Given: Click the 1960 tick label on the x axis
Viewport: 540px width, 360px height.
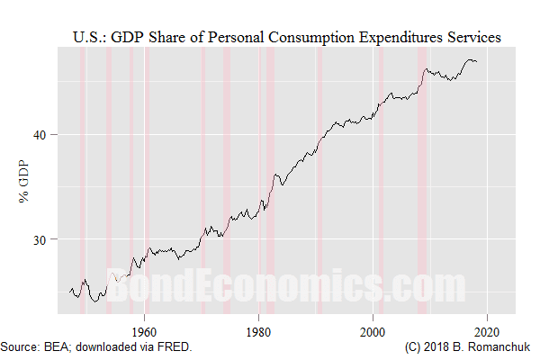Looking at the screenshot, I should [145, 329].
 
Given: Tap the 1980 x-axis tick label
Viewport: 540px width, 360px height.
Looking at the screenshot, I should [259, 329].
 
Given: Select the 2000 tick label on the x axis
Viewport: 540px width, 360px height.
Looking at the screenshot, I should [373, 329].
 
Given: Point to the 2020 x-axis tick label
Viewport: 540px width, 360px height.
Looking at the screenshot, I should [488, 329].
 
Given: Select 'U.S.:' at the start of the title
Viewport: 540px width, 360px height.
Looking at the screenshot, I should [87, 37].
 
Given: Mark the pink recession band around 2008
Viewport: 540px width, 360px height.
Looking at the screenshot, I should [422, 180].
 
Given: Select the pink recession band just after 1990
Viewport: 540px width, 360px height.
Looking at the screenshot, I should [319, 180].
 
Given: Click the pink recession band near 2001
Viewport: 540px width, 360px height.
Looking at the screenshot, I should [381, 180].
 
